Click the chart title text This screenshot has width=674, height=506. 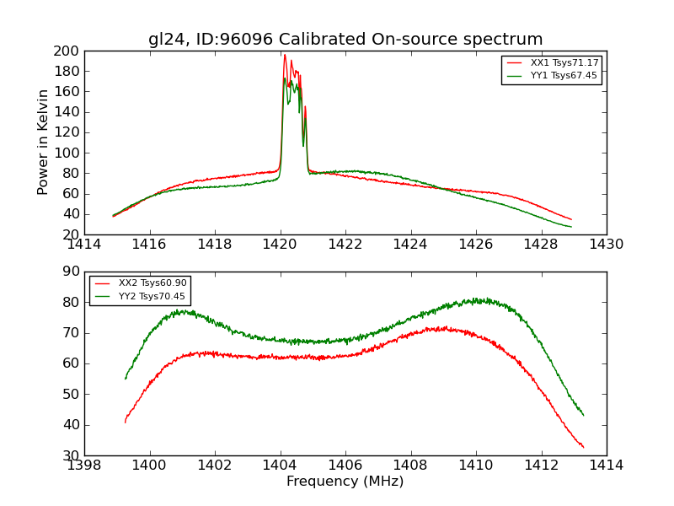(345, 40)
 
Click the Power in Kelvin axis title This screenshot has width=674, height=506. (44, 142)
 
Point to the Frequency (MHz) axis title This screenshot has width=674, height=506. (345, 482)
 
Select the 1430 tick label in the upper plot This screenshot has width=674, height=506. (606, 245)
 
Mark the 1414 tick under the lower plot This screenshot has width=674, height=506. (606, 465)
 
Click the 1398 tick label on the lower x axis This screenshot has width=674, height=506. (84, 465)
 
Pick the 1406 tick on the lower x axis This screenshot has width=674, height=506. (345, 465)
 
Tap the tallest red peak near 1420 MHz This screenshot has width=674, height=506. (285, 55)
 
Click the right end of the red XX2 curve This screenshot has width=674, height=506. (583, 447)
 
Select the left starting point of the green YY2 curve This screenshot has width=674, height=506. (126, 378)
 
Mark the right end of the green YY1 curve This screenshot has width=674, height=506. (571, 227)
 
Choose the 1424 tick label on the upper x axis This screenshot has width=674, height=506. (410, 245)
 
